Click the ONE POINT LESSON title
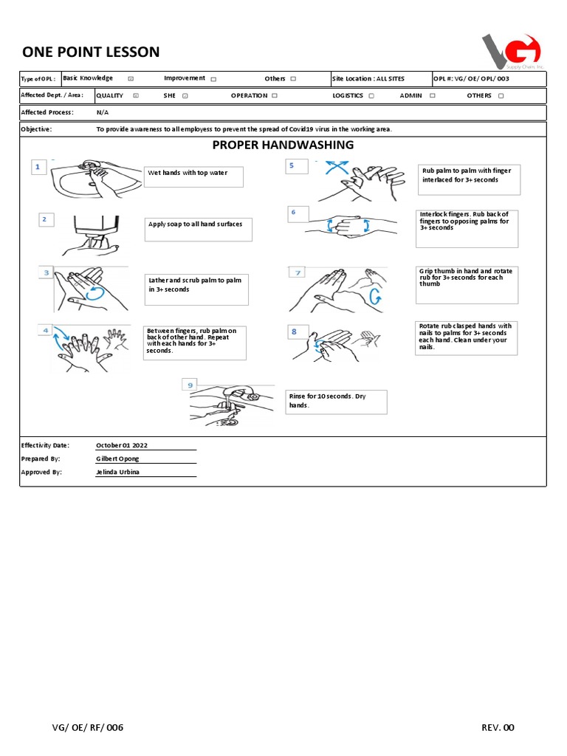(x=91, y=52)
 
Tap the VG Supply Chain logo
(x=512, y=51)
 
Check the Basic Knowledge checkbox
(x=131, y=78)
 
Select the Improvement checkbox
(x=213, y=79)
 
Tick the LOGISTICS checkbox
(x=371, y=96)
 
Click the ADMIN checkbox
(x=432, y=96)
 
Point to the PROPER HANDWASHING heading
(x=283, y=145)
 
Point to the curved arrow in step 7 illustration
(x=375, y=297)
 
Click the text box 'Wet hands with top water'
(x=193, y=176)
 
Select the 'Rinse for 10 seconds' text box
(x=336, y=402)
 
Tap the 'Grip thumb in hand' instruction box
(x=467, y=285)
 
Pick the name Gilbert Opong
(x=118, y=458)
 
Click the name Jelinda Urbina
(x=119, y=472)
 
